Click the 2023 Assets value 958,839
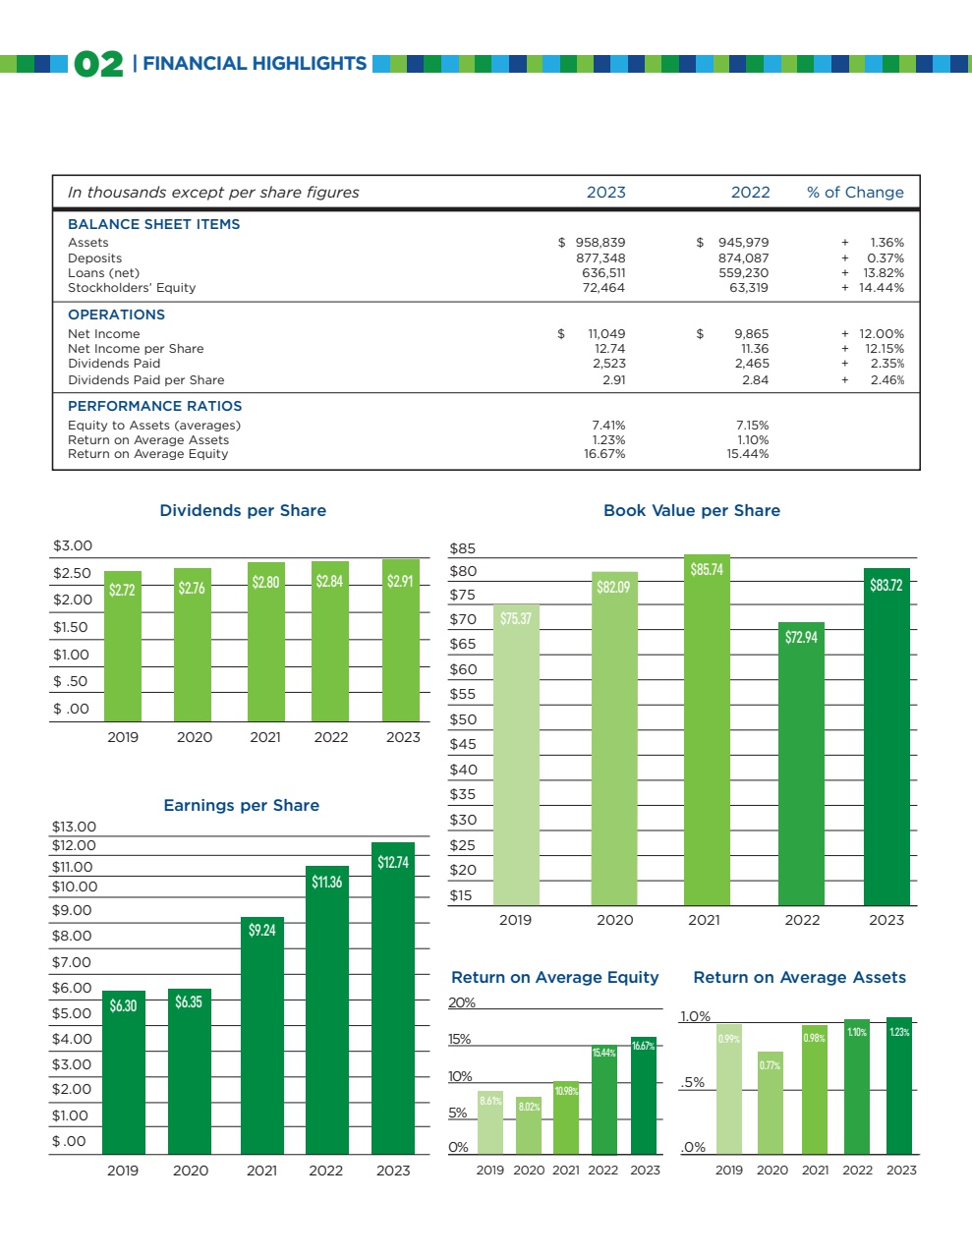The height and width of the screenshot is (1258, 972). (600, 243)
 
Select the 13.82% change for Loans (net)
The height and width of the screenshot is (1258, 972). (884, 273)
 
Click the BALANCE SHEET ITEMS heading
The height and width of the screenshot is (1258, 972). (153, 224)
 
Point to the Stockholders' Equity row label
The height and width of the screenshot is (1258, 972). (132, 288)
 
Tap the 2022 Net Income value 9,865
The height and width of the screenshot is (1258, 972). (751, 334)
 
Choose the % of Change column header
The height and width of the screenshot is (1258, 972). (855, 193)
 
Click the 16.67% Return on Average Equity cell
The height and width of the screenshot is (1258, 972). (604, 454)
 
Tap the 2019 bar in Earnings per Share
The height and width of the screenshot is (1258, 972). (124, 1071)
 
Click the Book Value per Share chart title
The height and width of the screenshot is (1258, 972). (692, 511)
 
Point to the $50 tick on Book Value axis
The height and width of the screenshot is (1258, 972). (463, 719)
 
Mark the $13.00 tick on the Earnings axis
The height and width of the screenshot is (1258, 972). (74, 827)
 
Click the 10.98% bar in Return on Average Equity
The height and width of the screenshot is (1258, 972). (566, 1117)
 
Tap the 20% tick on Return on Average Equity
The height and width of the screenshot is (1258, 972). (462, 1002)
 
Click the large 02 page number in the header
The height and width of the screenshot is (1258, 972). (98, 65)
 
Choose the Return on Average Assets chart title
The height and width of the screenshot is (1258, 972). (800, 978)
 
